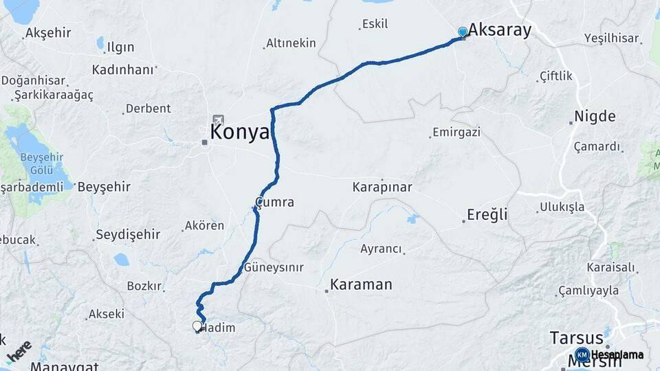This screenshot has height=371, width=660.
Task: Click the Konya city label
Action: coord(240,132)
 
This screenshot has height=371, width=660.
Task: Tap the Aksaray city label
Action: coord(500,30)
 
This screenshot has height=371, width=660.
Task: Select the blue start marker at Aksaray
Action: coord(463,32)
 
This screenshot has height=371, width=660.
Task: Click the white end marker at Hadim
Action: coord(197,326)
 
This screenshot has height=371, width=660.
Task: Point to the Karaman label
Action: coord(361,284)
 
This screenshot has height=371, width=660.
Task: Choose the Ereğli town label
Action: coord(487,214)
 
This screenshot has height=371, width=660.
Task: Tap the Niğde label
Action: coord(595,115)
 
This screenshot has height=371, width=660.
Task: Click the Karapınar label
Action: coord(382,186)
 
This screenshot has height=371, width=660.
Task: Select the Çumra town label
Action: coord(275,203)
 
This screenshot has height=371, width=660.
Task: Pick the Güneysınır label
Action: coord(274,267)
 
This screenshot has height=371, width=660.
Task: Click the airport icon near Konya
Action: coord(219,120)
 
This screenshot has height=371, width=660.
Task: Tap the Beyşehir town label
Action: coord(104,186)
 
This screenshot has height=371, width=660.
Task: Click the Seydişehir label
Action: coord(128,235)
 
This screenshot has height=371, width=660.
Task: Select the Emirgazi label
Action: coord(456,132)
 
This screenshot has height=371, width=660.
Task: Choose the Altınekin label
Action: coord(291,43)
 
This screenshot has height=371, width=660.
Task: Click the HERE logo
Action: coord(19,350)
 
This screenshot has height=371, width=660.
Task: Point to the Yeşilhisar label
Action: coord(611,38)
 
